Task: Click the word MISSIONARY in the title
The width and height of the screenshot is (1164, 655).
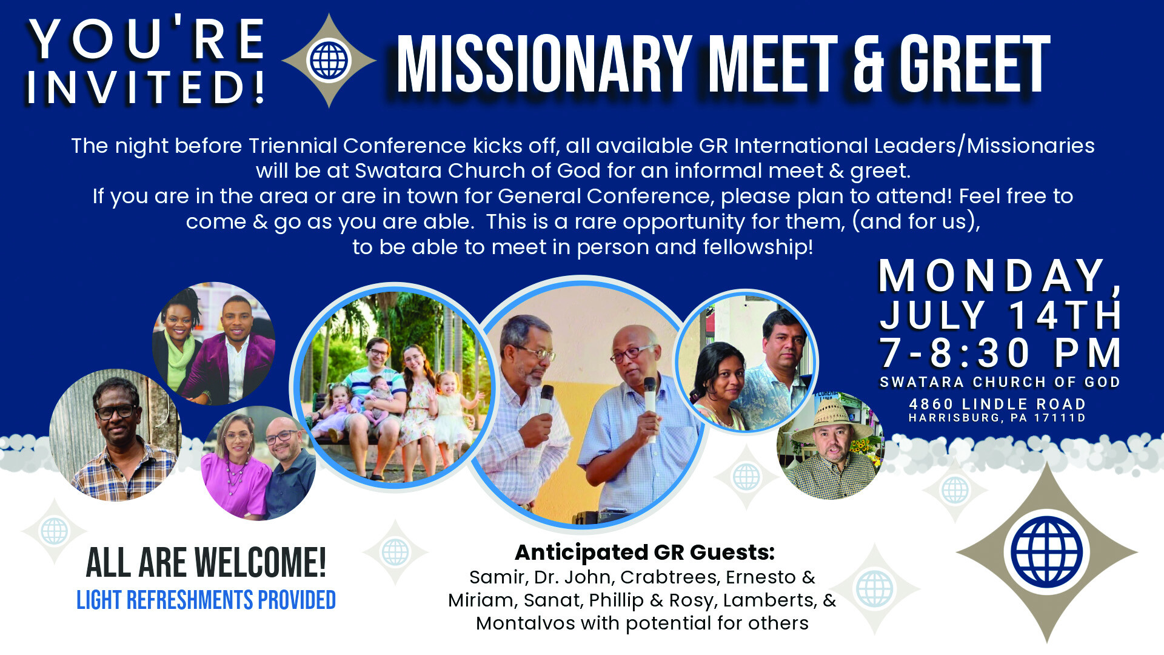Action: tap(544, 64)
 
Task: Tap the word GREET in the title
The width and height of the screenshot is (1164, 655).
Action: tap(974, 64)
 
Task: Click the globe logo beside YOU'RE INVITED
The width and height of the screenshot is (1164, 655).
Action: tap(329, 61)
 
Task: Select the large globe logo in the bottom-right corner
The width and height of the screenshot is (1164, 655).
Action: tap(1047, 552)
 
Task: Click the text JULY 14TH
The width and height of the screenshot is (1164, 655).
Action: tap(1000, 315)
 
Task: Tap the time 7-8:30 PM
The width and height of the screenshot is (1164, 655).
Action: tap(1000, 352)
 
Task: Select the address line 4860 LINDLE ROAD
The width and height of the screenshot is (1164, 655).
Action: tap(997, 404)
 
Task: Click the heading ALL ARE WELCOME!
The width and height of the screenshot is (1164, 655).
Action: tap(206, 563)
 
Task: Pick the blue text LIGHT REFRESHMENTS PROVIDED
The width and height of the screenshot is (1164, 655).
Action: tap(206, 600)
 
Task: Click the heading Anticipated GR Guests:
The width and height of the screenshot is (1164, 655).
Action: tap(644, 553)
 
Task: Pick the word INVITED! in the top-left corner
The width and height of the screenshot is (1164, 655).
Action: tap(145, 87)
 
